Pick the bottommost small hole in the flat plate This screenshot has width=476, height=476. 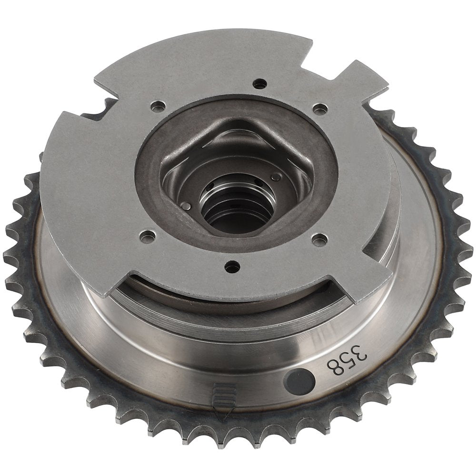pos(232,267)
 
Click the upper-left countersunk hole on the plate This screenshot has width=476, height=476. pos(158,106)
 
